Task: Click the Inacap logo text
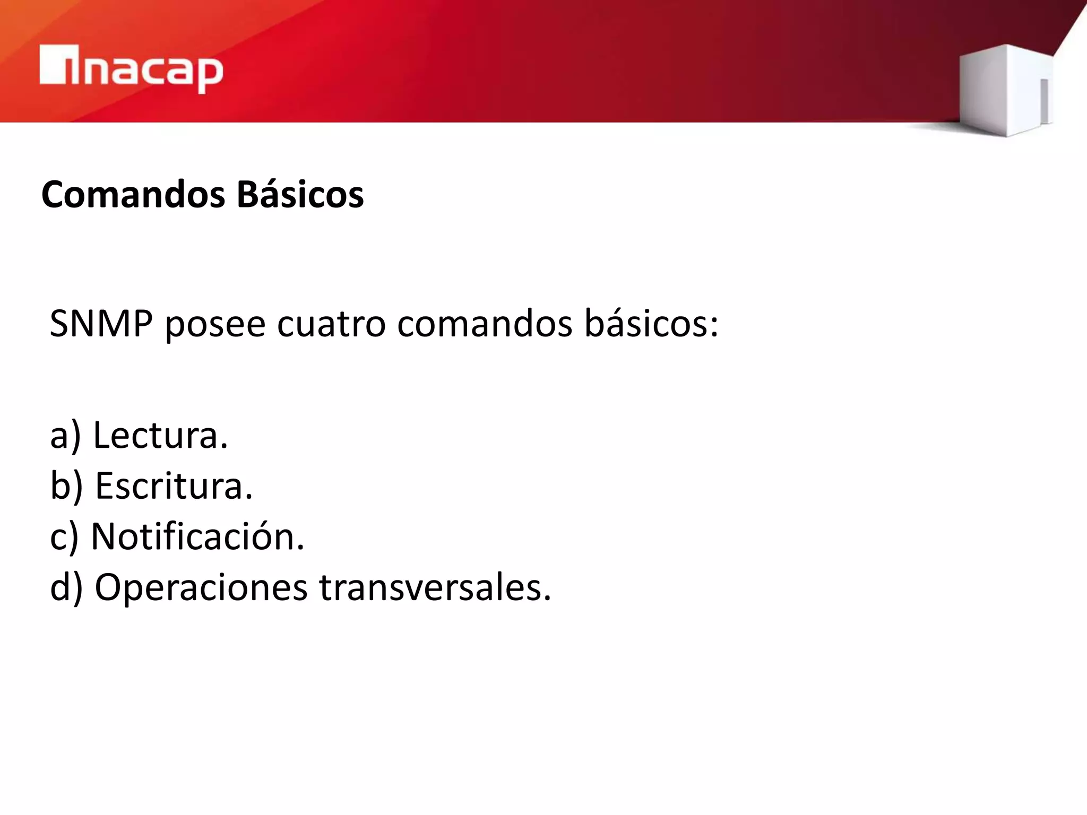pyautogui.click(x=132, y=69)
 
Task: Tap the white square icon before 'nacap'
pyautogui.click(x=53, y=65)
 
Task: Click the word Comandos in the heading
pyautogui.click(x=133, y=194)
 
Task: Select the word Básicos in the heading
pyautogui.click(x=300, y=194)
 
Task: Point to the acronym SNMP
pyautogui.click(x=101, y=323)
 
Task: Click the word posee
pyautogui.click(x=215, y=325)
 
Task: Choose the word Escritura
pyautogui.click(x=174, y=485)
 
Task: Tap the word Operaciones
pyautogui.click(x=201, y=588)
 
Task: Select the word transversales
pyautogui.click(x=435, y=588)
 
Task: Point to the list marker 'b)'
pyautogui.click(x=66, y=487)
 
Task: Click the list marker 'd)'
pyautogui.click(x=66, y=588)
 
